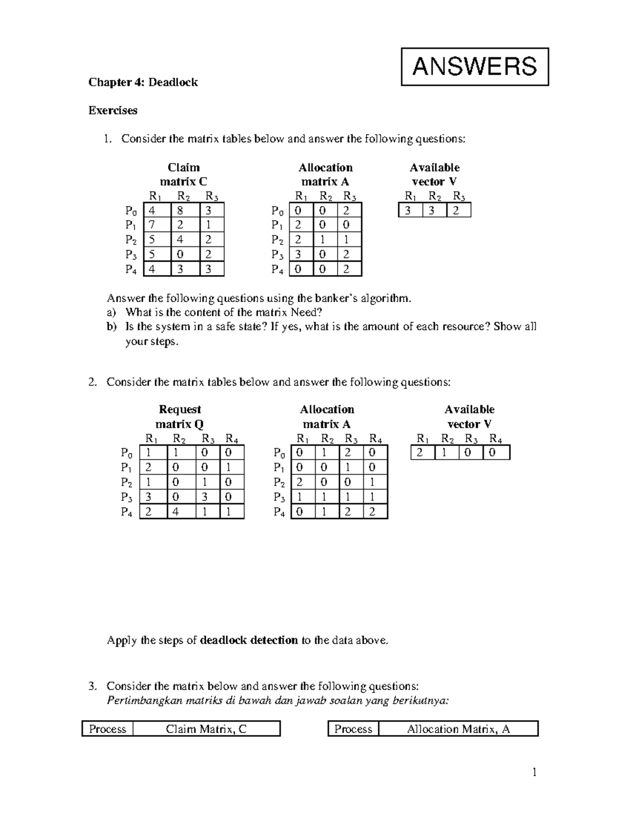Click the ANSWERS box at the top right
pos(475,67)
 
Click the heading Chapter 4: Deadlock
pos(143,82)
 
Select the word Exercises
pos(113,110)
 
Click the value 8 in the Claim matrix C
pos(181,211)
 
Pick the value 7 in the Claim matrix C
pos(152,225)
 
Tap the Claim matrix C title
pos(183,174)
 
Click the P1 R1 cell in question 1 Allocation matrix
pos(298,225)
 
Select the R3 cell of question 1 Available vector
pos(458,211)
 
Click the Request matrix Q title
pos(180,417)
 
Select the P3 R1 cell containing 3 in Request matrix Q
pos(149,497)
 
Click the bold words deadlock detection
pos(249,640)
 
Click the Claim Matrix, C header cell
pos(206,729)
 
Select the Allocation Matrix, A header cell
pos(458,729)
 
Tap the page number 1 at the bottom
pos(534,772)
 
